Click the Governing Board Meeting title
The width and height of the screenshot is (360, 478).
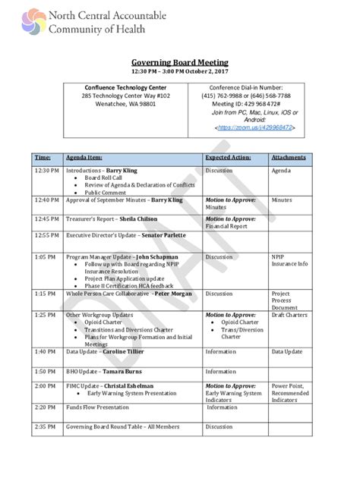pos(180,62)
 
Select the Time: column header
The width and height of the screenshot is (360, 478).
pos(41,158)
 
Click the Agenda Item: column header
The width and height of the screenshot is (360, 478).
pos(87,158)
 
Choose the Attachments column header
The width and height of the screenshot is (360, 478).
pos(289,158)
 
